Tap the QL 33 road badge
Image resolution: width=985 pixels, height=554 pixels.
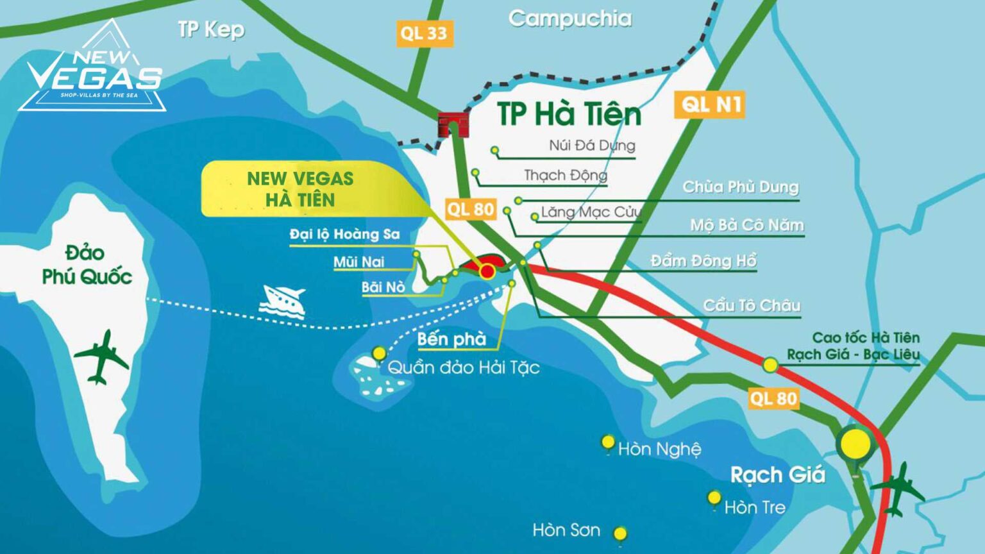pyautogui.click(x=423, y=33)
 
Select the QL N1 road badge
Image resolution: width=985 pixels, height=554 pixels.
pyautogui.click(x=711, y=104)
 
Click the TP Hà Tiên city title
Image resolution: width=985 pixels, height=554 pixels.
pyautogui.click(x=569, y=114)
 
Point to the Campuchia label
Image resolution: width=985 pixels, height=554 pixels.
pyautogui.click(x=569, y=19)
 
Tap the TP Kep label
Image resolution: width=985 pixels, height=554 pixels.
pyautogui.click(x=211, y=29)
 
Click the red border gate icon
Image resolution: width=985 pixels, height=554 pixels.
pyautogui.click(x=453, y=124)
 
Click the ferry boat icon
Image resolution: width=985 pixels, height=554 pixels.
pyautogui.click(x=282, y=301)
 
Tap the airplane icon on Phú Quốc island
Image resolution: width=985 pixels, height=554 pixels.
pyautogui.click(x=101, y=357)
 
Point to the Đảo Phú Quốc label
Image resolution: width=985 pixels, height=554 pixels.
pyautogui.click(x=87, y=264)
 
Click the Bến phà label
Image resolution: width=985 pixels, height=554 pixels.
pyautogui.click(x=451, y=339)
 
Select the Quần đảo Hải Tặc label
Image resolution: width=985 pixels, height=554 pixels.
pyautogui.click(x=463, y=367)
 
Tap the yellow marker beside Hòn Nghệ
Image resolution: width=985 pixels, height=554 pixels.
pyautogui.click(x=608, y=442)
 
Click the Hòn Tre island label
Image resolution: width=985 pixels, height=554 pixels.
pyautogui.click(x=755, y=507)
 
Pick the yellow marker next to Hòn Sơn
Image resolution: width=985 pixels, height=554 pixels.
pyautogui.click(x=619, y=533)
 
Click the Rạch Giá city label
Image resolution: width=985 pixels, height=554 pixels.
pyautogui.click(x=777, y=475)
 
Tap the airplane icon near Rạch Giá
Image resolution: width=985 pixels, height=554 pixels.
pyautogui.click(x=898, y=489)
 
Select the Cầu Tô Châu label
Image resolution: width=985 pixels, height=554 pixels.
pyautogui.click(x=752, y=305)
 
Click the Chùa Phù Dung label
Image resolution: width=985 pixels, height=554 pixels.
pyautogui.click(x=741, y=187)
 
